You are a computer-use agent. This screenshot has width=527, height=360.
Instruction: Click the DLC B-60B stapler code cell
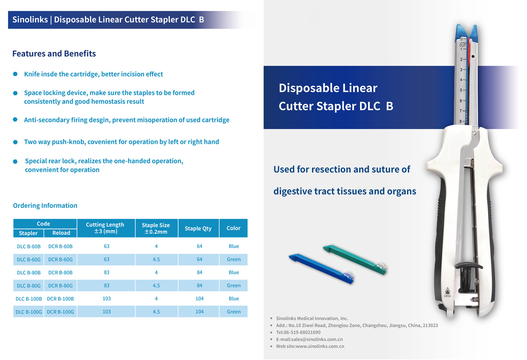pyautogui.click(x=29, y=247)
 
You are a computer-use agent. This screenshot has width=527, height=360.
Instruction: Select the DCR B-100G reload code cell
pyautogui.click(x=60, y=312)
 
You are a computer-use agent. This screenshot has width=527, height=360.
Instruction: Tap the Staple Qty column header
pyautogui.click(x=198, y=228)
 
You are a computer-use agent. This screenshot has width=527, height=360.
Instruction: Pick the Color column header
pyautogui.click(x=233, y=228)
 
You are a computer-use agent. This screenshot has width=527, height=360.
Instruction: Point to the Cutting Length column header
pyautogui.click(x=105, y=228)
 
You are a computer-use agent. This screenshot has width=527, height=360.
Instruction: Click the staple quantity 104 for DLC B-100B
pyautogui.click(x=200, y=299)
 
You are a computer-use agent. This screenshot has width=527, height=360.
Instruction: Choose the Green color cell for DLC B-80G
pyautogui.click(x=234, y=285)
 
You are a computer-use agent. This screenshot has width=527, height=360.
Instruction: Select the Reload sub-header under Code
pyautogui.click(x=61, y=233)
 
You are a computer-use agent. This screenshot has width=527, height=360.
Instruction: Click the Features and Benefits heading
pyautogui.click(x=54, y=53)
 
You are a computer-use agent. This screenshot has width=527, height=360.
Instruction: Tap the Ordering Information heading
pyautogui.click(x=45, y=206)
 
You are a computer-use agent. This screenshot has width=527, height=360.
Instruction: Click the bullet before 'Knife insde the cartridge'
pyautogui.click(x=15, y=74)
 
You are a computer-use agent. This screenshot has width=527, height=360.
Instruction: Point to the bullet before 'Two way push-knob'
pyautogui.click(x=15, y=142)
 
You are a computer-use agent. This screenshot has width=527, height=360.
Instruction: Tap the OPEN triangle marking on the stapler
pyautogui.click(x=447, y=291)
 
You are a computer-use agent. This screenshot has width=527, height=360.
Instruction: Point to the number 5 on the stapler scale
pyautogui.click(x=461, y=90)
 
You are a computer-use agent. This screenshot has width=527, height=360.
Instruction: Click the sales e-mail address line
pyautogui.click(x=309, y=339)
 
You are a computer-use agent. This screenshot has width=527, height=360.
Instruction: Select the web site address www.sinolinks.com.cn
pyautogui.click(x=320, y=346)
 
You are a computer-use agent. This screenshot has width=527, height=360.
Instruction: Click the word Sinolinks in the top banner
pyautogui.click(x=30, y=20)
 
